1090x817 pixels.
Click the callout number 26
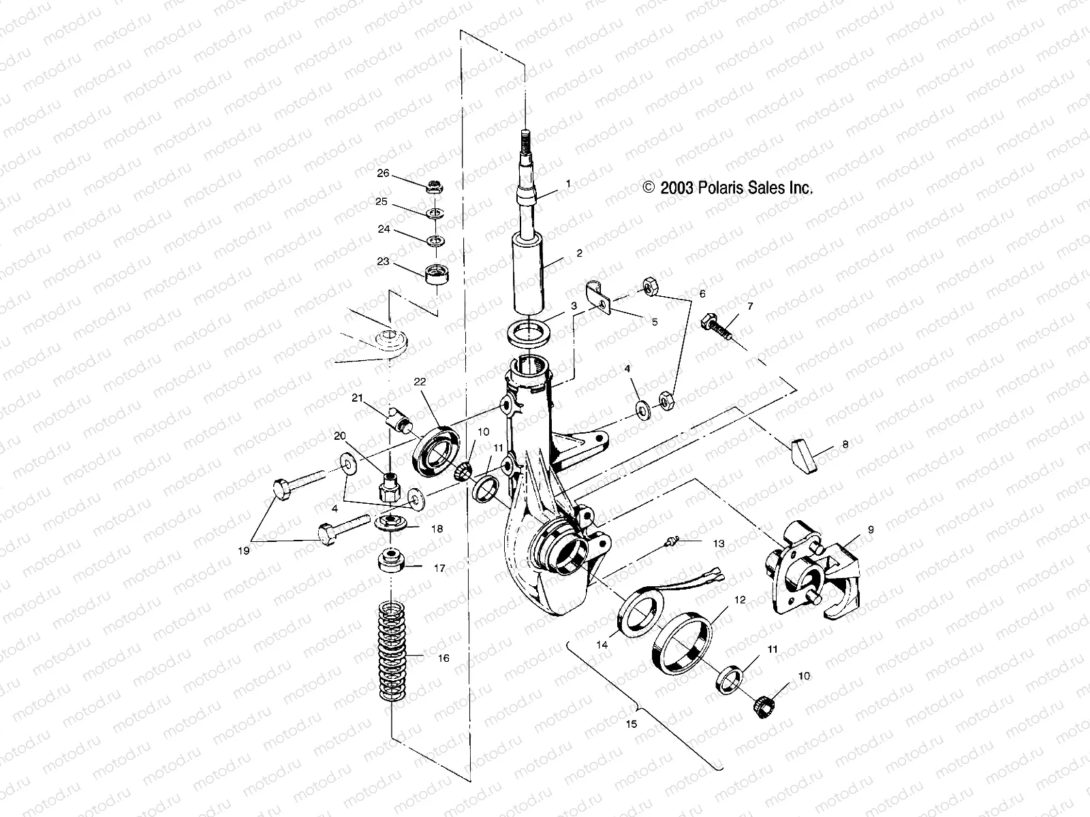point(383,174)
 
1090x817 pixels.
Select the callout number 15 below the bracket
point(631,724)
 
